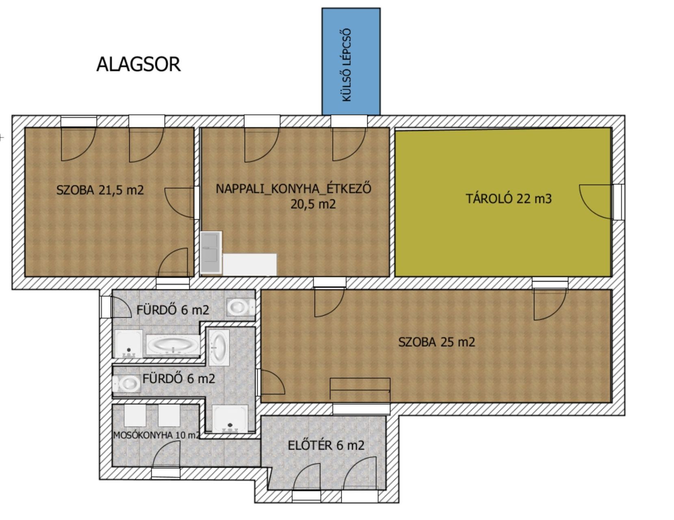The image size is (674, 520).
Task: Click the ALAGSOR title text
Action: pyautogui.click(x=139, y=65)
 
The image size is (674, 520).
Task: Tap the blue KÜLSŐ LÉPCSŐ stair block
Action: pyautogui.click(x=351, y=61)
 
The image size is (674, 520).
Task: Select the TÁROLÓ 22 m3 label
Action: pyautogui.click(x=509, y=199)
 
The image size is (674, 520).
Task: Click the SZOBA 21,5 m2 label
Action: pyautogui.click(x=100, y=190)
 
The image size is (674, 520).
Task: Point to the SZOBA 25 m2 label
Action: pyautogui.click(x=436, y=342)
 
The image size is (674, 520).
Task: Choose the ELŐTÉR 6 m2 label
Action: pyautogui.click(x=326, y=445)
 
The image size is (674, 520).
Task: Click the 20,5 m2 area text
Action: pyautogui.click(x=313, y=204)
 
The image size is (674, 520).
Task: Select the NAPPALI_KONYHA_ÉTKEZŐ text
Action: pyautogui.click(x=293, y=188)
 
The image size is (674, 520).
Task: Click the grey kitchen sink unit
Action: pyautogui.click(x=211, y=253)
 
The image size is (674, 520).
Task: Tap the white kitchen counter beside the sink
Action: pyautogui.click(x=250, y=264)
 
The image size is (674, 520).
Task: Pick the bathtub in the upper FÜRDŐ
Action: pyautogui.click(x=173, y=344)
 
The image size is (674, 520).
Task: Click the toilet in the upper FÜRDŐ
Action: pyautogui.click(x=241, y=307)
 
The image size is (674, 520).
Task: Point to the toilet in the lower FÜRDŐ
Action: pyautogui.click(x=126, y=384)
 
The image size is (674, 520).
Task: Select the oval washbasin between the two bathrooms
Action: pyautogui.click(x=219, y=347)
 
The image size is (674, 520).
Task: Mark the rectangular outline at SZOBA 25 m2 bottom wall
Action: pyautogui.click(x=360, y=389)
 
